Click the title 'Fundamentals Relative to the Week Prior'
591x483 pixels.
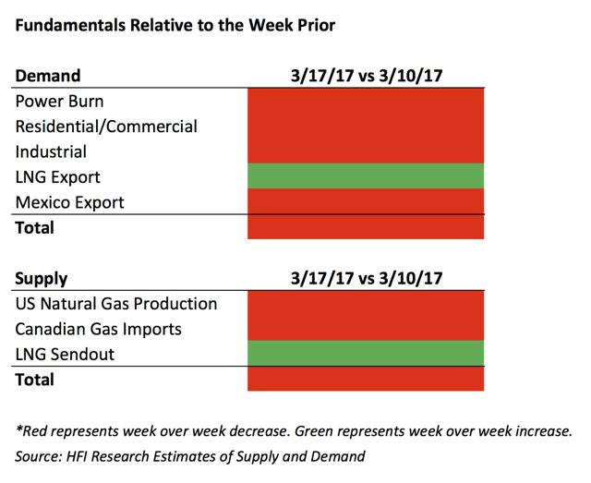[x=175, y=25]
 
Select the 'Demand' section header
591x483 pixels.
[x=48, y=76]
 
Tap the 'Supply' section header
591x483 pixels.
[x=41, y=279]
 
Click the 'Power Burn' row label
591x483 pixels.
[x=59, y=101]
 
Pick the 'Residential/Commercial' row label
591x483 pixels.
[x=106, y=127]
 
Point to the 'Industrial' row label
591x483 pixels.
[x=51, y=151]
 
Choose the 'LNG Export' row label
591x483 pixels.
[x=57, y=177]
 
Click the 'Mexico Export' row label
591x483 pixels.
[x=70, y=202]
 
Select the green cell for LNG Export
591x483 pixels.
[x=366, y=175]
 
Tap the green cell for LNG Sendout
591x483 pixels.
[x=366, y=354]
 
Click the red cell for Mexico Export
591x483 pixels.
[x=366, y=201]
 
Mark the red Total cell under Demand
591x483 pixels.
[x=366, y=226]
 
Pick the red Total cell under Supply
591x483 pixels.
[x=366, y=379]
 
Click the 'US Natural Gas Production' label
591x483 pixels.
[x=116, y=304]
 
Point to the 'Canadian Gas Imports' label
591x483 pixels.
[x=99, y=329]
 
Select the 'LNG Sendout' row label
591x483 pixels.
[x=65, y=355]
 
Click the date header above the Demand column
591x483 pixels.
[x=367, y=76]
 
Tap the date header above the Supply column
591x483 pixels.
[x=367, y=279]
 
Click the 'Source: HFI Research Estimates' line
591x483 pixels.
[x=190, y=456]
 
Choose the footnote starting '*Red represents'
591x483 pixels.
[x=294, y=431]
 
